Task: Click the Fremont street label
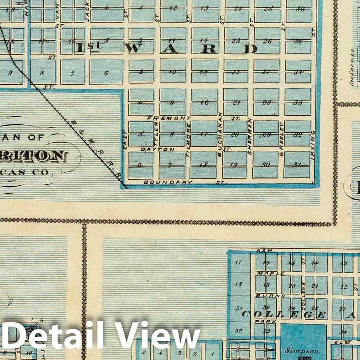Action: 169,118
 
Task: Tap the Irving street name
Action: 313,139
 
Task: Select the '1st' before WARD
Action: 88,48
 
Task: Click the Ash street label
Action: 262,251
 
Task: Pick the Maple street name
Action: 270,273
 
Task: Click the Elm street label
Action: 339,343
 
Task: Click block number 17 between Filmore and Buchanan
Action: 203,134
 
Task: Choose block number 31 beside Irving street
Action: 297,165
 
